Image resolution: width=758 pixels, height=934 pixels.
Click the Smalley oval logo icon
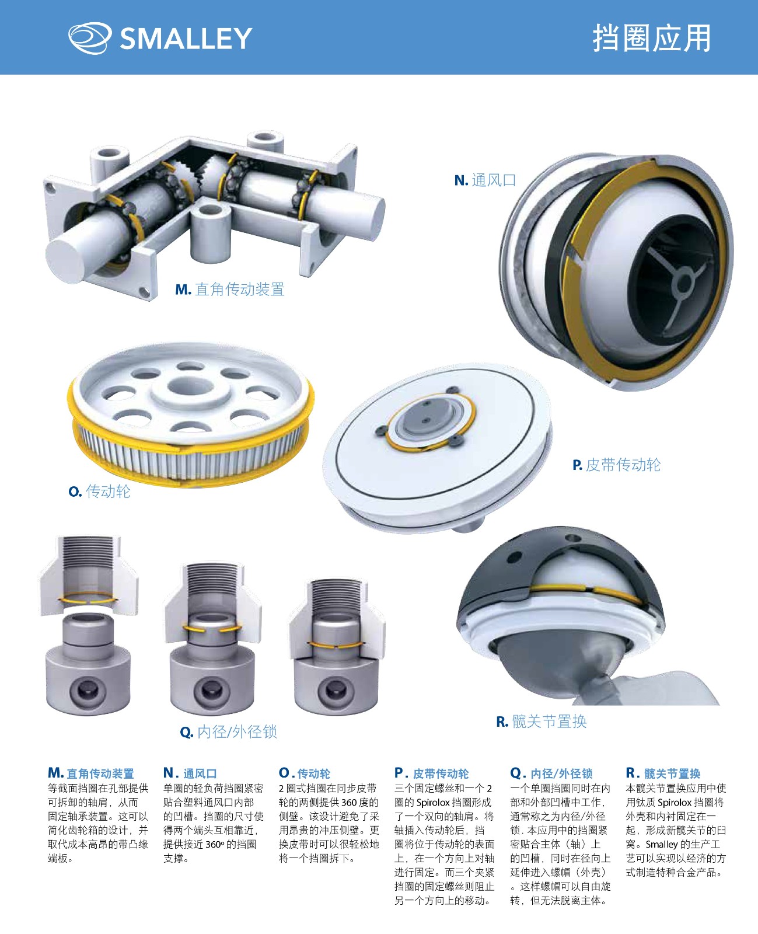[x=90, y=38]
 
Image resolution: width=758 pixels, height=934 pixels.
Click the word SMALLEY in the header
[x=186, y=39]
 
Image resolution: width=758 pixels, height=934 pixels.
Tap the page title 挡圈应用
[x=652, y=38]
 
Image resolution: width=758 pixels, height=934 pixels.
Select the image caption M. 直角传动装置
[x=230, y=290]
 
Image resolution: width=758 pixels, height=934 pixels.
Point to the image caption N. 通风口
[x=485, y=180]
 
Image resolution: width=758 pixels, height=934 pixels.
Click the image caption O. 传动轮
[x=100, y=491]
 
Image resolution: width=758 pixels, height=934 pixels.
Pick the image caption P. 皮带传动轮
[x=616, y=465]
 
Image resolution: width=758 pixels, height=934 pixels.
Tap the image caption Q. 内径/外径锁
[x=228, y=732]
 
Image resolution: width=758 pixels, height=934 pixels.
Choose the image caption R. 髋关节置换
[x=542, y=722]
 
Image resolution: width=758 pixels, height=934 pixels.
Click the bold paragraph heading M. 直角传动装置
[x=91, y=773]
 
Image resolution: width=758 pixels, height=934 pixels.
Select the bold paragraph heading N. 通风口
[x=190, y=773]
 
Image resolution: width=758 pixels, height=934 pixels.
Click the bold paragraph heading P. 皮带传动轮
[x=431, y=773]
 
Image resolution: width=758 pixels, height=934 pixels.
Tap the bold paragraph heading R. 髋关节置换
[x=663, y=773]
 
